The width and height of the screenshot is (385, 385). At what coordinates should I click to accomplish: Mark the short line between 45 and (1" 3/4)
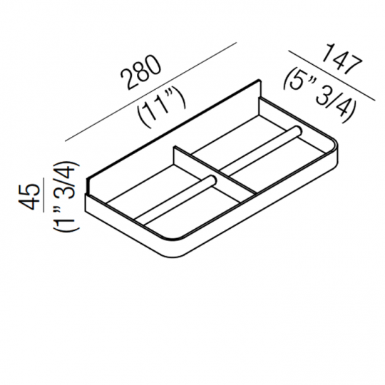[43, 194]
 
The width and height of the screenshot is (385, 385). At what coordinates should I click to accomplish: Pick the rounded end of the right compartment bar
[295, 131]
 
